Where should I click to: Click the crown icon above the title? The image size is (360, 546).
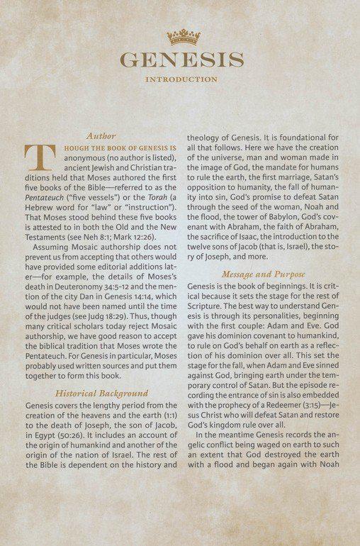[182, 36]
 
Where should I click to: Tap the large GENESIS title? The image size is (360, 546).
[181, 60]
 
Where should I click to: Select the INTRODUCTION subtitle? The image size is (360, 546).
[181, 79]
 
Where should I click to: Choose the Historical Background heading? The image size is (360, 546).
[102, 393]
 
